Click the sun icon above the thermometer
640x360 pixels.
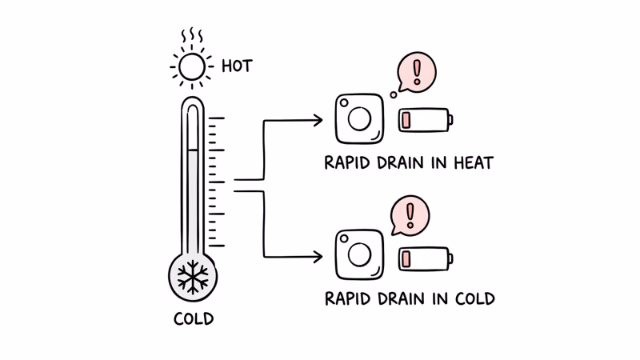pyautogui.click(x=192, y=67)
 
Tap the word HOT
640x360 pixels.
pyautogui.click(x=237, y=66)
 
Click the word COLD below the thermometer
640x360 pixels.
pyautogui.click(x=194, y=318)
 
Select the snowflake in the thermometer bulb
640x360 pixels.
pyautogui.click(x=193, y=278)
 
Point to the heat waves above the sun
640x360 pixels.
pyautogui.click(x=192, y=37)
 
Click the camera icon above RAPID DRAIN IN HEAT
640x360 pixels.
pyautogui.click(x=358, y=119)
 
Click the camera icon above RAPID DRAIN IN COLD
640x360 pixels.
pyautogui.click(x=358, y=255)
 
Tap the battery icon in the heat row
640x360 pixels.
pyautogui.click(x=425, y=120)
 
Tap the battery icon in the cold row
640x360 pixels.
pyautogui.click(x=425, y=258)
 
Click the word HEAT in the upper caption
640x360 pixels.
pyautogui.click(x=474, y=163)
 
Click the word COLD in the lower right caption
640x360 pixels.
pyautogui.click(x=474, y=299)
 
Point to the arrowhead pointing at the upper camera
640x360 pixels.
pyautogui.click(x=318, y=121)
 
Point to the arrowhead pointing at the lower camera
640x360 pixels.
pyautogui.click(x=318, y=257)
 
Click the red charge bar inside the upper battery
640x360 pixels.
pyautogui.click(x=406, y=120)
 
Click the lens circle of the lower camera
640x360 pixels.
pyautogui.click(x=359, y=255)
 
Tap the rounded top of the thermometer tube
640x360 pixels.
pyautogui.click(x=193, y=104)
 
